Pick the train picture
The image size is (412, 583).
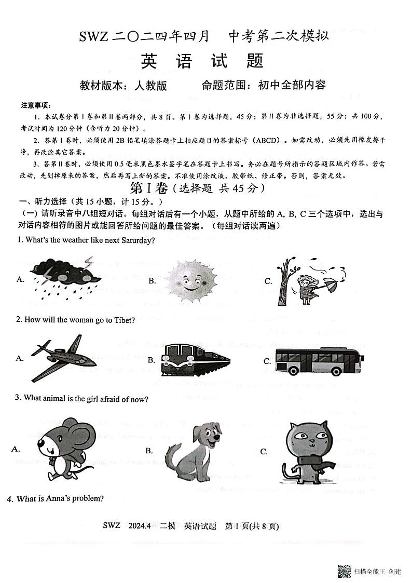coord(195,359)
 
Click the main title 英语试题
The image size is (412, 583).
coord(202,61)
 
